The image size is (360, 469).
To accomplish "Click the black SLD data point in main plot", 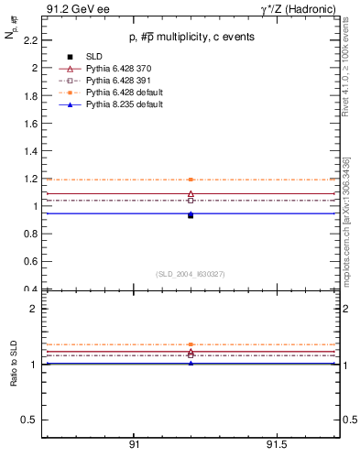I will [x=191, y=215].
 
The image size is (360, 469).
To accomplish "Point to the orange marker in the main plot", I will [x=191, y=180].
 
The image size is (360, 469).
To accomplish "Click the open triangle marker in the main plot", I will [x=191, y=194].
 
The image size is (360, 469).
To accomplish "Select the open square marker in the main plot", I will [x=191, y=201].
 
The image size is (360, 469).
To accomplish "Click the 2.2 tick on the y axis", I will [x=31, y=40].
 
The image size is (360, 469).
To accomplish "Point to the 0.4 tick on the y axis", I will [x=31, y=289].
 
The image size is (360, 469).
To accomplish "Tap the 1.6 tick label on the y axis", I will [x=31, y=124].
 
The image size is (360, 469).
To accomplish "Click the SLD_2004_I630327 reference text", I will [x=191, y=274].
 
